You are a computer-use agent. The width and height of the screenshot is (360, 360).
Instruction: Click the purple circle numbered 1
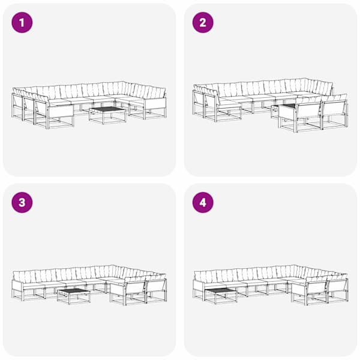[22, 23]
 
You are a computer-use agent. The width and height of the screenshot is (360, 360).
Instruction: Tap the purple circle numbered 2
[203, 23]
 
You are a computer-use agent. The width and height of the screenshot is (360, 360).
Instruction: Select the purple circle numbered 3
[22, 203]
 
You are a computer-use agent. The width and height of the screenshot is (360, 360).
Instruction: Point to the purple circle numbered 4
[203, 203]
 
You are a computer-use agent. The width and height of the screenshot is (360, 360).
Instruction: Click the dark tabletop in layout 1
[107, 109]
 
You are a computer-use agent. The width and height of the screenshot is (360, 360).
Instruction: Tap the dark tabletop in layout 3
[74, 291]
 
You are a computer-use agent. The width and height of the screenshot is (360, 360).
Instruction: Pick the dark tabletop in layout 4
[221, 291]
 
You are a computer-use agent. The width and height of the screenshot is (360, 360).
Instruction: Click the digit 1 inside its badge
[22, 23]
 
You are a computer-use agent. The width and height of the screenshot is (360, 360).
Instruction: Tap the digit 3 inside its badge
[22, 203]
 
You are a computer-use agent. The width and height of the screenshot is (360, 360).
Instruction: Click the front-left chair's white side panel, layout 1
[61, 111]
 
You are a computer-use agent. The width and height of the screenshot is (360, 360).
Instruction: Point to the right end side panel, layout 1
[155, 104]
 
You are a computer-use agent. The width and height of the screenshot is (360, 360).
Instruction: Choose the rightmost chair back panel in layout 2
[334, 108]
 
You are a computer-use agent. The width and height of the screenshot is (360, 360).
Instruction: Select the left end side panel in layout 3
[17, 286]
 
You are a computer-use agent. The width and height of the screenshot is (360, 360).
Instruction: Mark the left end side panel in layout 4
[199, 286]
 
